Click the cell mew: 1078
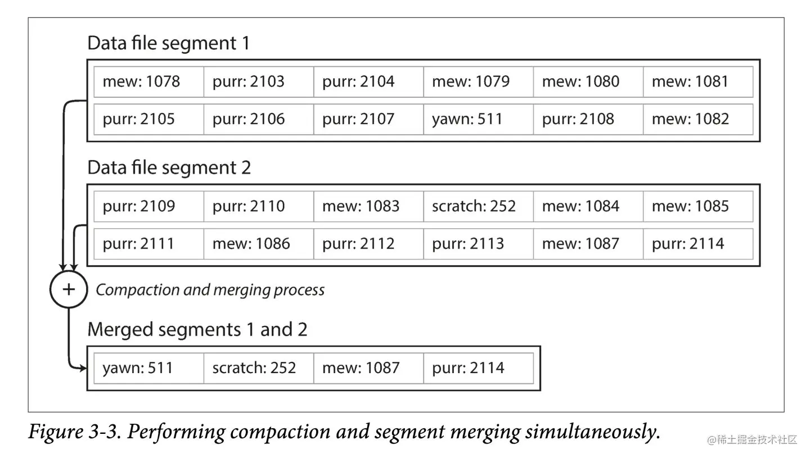pyautogui.click(x=148, y=81)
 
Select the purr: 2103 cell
pyautogui.click(x=258, y=81)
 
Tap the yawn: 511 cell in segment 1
pyautogui.click(x=478, y=119)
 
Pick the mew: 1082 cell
pyautogui.click(x=697, y=119)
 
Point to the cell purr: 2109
pyautogui.click(x=148, y=206)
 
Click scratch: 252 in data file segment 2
pyautogui.click(x=478, y=206)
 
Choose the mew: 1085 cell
pyautogui.click(x=697, y=206)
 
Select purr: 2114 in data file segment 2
pyautogui.click(x=697, y=244)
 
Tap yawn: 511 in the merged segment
pyautogui.click(x=148, y=368)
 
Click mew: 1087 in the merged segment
pyautogui.click(x=368, y=368)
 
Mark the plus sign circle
pyautogui.click(x=69, y=289)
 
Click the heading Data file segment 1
pyautogui.click(x=168, y=43)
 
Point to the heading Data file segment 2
pyautogui.click(x=169, y=168)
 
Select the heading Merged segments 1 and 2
pyautogui.click(x=197, y=329)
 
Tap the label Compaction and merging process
pyautogui.click(x=210, y=290)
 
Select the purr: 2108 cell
pyautogui.click(x=588, y=119)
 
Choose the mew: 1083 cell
pyautogui.click(x=368, y=206)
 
